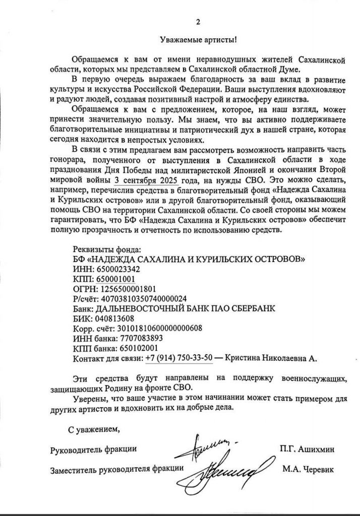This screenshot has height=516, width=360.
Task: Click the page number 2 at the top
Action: coord(198,22)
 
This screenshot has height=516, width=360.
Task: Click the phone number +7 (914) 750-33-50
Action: coord(179,358)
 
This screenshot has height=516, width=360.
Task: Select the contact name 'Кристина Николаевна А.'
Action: coord(272,358)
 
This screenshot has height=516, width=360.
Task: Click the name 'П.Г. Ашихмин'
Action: coord(306,448)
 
